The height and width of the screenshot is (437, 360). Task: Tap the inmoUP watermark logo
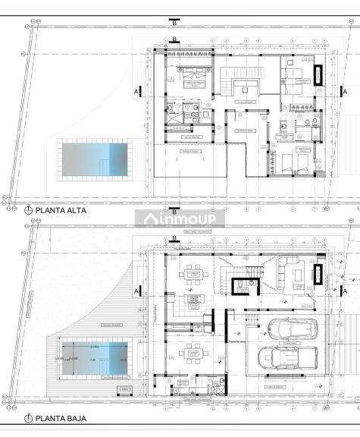(180, 219)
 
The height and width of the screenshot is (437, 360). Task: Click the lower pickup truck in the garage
(288, 357)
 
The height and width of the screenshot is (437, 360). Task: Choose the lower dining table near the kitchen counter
(195, 354)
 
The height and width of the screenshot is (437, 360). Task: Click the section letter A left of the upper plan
(136, 91)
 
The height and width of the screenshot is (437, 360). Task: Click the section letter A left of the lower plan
(136, 291)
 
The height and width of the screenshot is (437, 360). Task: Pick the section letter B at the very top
(175, 23)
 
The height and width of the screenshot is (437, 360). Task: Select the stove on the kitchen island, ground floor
(195, 300)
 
